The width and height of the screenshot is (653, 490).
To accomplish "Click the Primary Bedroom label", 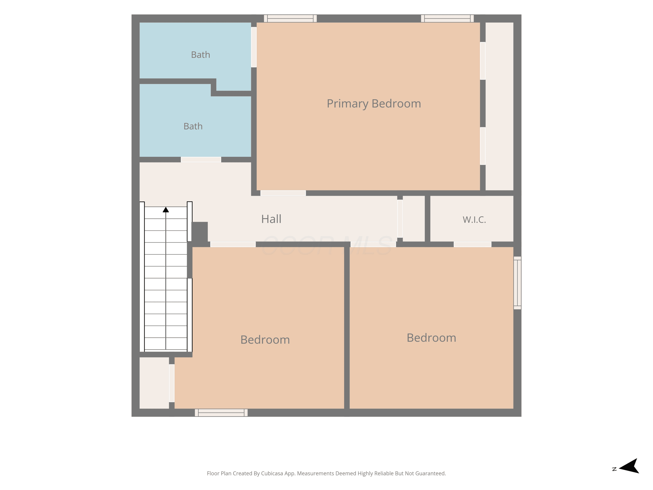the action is [374, 104].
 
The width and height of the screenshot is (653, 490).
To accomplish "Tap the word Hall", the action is [271, 219].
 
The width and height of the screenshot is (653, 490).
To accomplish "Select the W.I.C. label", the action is [474, 220].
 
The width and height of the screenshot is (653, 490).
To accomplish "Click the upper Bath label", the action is [200, 55].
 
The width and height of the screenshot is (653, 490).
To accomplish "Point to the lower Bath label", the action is [193, 126].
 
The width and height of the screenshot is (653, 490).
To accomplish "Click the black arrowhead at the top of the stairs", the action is [166, 210].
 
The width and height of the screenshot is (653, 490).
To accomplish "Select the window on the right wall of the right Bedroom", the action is [517, 283].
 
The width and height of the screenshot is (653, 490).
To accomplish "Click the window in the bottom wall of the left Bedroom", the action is [221, 413].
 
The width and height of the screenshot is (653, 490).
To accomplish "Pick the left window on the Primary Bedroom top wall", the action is [290, 18].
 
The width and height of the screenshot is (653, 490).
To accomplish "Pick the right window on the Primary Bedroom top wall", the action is [447, 18].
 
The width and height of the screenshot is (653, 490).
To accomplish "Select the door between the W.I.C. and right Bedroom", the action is [472, 244].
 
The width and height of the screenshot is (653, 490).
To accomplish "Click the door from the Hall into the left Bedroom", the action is [233, 244].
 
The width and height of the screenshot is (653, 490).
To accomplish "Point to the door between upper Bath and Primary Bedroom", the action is [254, 47].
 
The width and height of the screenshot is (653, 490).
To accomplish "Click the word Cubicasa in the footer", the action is [272, 473].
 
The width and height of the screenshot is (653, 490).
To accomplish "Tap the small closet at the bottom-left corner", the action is [154, 383].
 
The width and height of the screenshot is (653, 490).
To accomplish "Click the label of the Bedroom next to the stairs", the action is [265, 340].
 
